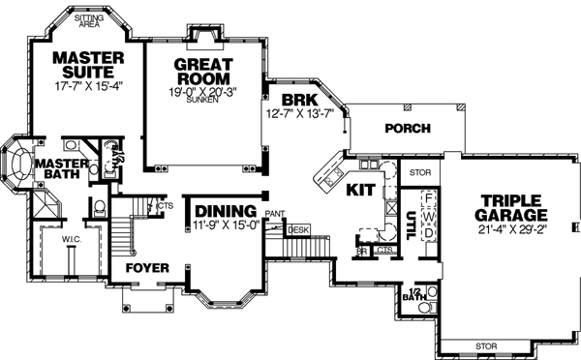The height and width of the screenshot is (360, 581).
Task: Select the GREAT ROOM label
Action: point(206,74)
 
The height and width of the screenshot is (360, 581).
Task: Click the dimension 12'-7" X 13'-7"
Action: point(299,113)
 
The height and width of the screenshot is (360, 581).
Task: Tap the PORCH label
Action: point(407,129)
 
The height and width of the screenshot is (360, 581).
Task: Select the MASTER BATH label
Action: point(63,169)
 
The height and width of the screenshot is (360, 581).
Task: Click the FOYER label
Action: point(147,267)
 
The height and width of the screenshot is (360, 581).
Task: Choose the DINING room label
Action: point(225,211)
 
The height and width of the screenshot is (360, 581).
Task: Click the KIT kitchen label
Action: point(359,190)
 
